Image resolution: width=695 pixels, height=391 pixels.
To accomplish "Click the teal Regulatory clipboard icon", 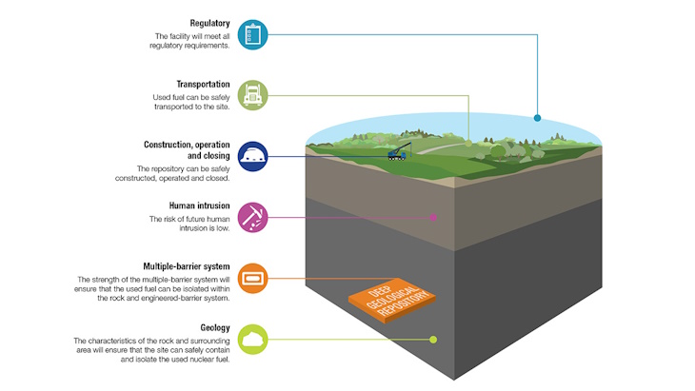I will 252,33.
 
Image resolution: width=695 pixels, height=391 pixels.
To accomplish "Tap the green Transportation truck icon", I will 252,94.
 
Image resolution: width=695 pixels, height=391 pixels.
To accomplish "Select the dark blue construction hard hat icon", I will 252,155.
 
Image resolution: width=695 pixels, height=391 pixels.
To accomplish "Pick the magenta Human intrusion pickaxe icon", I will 252,216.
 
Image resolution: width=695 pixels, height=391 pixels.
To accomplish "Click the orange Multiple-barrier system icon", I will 252,278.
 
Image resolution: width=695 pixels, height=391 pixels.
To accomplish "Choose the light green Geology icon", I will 252,339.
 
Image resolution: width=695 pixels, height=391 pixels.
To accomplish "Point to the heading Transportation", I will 202,84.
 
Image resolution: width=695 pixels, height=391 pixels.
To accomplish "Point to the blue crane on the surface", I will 398,152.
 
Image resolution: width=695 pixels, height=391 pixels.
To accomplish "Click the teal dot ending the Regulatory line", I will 537,118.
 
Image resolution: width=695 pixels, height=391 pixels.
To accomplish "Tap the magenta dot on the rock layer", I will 434,217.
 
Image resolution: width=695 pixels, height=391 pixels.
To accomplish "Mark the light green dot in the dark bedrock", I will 434,340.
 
